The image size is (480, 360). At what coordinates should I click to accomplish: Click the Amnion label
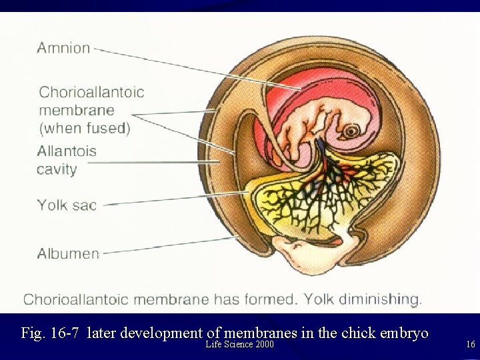click(x=63, y=48)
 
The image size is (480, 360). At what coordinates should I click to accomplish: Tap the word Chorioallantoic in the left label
click(x=91, y=93)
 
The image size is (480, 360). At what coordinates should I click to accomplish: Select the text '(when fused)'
click(x=84, y=128)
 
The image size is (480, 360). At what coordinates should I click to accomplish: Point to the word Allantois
click(x=67, y=151)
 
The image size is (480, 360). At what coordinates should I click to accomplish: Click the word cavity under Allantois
click(x=57, y=169)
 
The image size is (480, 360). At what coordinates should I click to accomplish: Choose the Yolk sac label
click(x=67, y=205)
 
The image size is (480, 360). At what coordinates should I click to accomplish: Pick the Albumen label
click(x=68, y=254)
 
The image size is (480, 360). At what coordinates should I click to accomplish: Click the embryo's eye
click(x=351, y=129)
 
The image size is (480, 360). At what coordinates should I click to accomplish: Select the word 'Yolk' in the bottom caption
click(x=319, y=299)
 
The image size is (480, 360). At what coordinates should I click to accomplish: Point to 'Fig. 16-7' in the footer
click(x=51, y=333)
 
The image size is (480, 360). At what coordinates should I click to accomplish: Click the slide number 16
click(x=471, y=345)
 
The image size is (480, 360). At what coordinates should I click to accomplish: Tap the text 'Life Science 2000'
click(x=240, y=345)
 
